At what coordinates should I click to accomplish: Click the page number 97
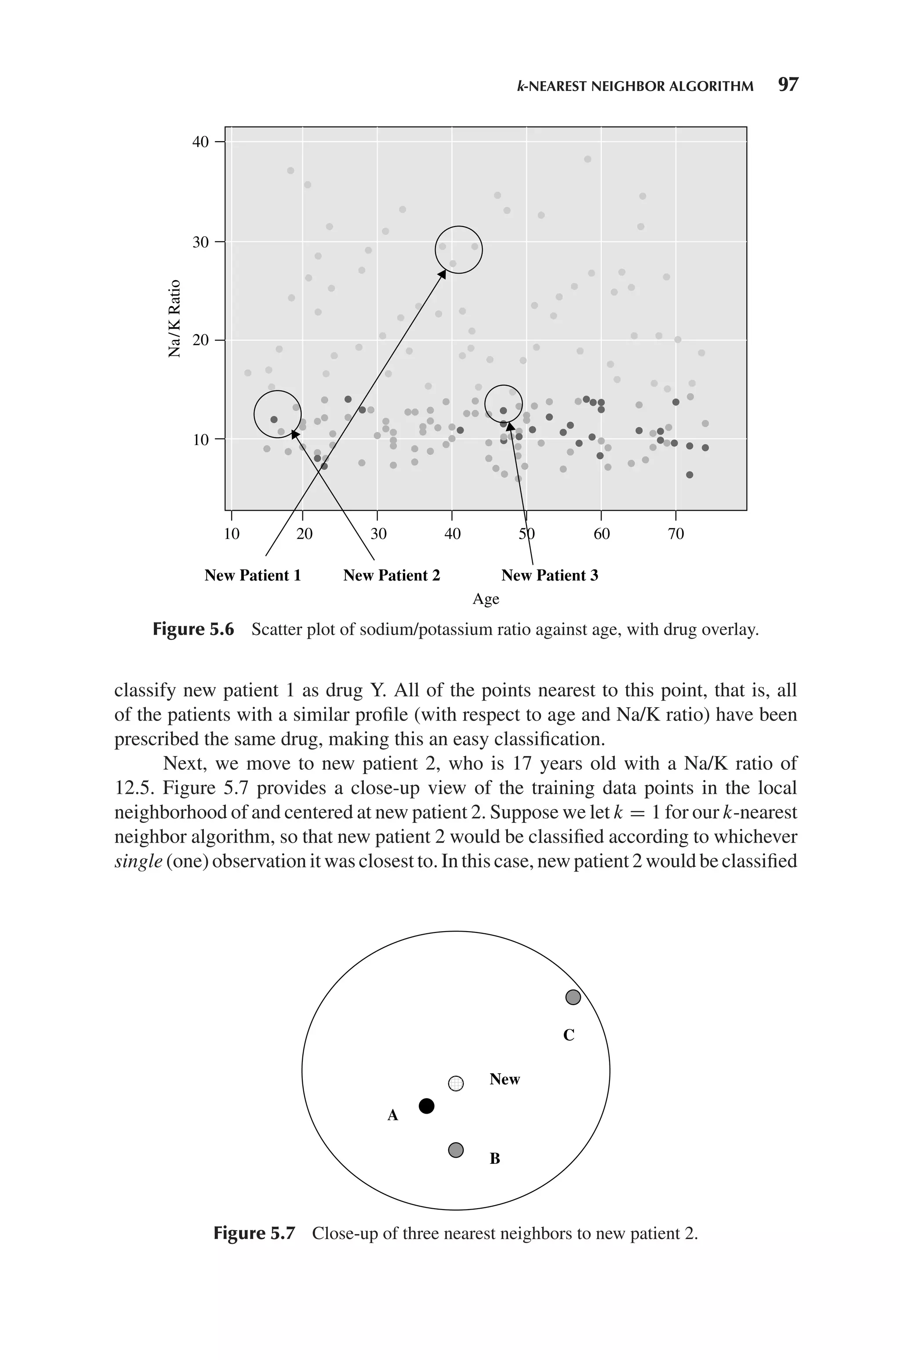click(x=787, y=85)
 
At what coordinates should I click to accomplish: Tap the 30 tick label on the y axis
click(x=200, y=242)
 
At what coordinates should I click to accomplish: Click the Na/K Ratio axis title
click(x=174, y=319)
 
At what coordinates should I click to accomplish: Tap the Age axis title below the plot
click(x=486, y=599)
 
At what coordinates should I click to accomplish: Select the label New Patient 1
click(x=253, y=575)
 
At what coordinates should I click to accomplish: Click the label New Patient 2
click(x=392, y=575)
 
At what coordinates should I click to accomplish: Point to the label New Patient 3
click(x=549, y=575)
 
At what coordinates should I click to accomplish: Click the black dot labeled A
click(x=426, y=1106)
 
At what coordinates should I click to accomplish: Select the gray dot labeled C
click(x=573, y=998)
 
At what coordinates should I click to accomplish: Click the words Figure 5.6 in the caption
click(x=193, y=630)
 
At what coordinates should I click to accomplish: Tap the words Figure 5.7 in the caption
click(x=254, y=1233)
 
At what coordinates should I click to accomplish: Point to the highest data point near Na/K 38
click(x=587, y=159)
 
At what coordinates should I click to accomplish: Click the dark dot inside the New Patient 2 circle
click(x=274, y=420)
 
